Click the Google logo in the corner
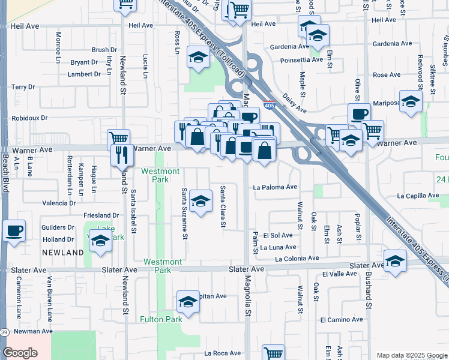pyautogui.click(x=20, y=353)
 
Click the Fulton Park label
pyautogui.click(x=161, y=319)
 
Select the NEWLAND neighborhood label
pyautogui.click(x=63, y=253)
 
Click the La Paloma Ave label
pyautogui.click(x=275, y=187)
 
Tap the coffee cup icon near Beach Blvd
pyautogui.click(x=14, y=230)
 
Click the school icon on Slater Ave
pyautogui.click(x=394, y=261)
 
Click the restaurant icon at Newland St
pyautogui.click(x=122, y=155)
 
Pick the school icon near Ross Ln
pyautogui.click(x=197, y=57)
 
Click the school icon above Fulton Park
pyautogui.click(x=188, y=302)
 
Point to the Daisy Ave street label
pyautogui.click(x=295, y=106)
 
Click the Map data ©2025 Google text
pyautogui.click(x=411, y=355)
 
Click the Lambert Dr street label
pyautogui.click(x=84, y=74)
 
